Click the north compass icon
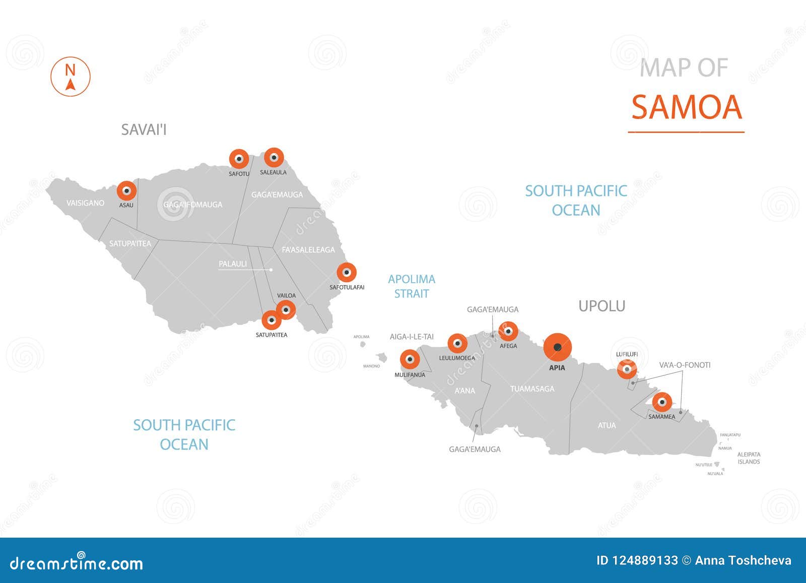click(x=71, y=77)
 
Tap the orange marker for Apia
click(x=557, y=347)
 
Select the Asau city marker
click(x=126, y=191)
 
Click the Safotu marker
click(x=239, y=159)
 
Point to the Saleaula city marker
click(x=274, y=158)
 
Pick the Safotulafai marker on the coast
click(x=347, y=273)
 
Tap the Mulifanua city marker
click(x=410, y=360)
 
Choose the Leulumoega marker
click(x=457, y=344)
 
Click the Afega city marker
click(x=508, y=332)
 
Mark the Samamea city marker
click(x=662, y=402)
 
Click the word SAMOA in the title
click(x=687, y=107)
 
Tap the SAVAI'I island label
click(x=144, y=130)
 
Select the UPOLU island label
click(x=601, y=306)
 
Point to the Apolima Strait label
click(x=412, y=286)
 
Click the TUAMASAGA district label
click(x=532, y=388)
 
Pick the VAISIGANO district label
click(x=86, y=203)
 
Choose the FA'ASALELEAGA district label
click(x=308, y=249)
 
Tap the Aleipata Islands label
click(x=749, y=458)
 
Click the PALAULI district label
click(x=233, y=264)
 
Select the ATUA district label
click(x=607, y=425)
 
